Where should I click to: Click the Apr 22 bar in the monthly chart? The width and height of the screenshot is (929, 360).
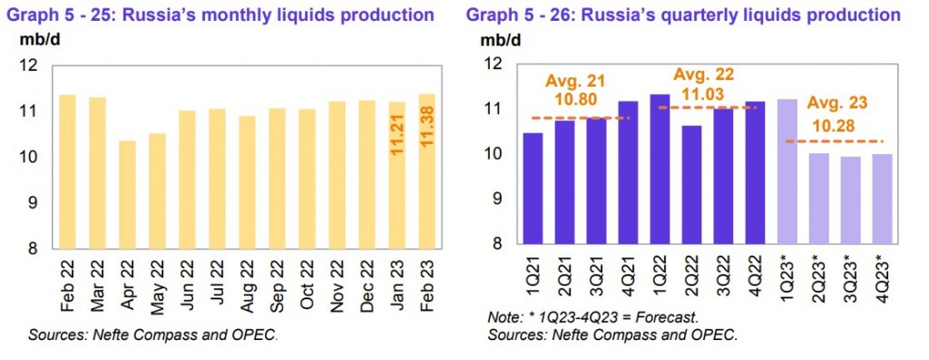pyautogui.click(x=127, y=195)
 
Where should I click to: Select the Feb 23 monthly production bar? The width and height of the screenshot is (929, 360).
pyautogui.click(x=426, y=171)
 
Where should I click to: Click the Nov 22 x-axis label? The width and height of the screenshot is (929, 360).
pyautogui.click(x=337, y=287)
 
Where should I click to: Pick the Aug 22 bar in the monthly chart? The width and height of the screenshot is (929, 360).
pyautogui.click(x=247, y=182)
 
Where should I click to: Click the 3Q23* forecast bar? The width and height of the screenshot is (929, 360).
pyautogui.click(x=850, y=200)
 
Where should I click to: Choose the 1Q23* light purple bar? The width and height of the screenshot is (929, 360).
pyautogui.click(x=787, y=171)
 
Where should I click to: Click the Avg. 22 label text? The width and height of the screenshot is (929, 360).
pyautogui.click(x=703, y=74)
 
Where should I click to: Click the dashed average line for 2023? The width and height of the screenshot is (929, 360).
pyautogui.click(x=834, y=141)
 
